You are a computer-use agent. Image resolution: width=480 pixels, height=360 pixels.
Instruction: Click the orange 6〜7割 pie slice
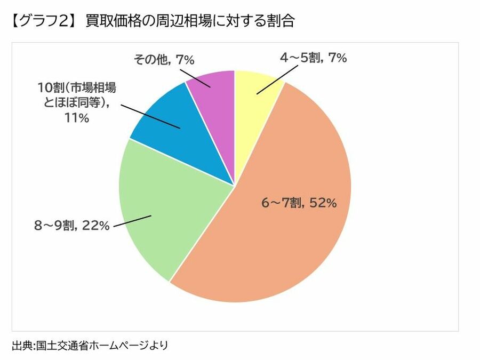coord(277,245)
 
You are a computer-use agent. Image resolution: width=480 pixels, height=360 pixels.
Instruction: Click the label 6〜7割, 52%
coord(299,203)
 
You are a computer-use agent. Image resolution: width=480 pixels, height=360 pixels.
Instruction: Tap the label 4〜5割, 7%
coord(314,58)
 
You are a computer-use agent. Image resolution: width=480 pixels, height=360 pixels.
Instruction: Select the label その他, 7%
coord(163,60)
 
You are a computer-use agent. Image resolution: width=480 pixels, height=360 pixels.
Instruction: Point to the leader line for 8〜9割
coord(133,221)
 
